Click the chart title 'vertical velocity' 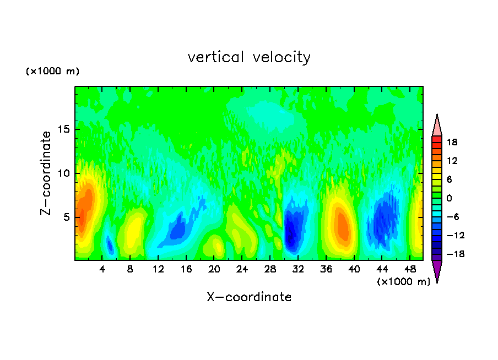249,57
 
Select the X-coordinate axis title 249,297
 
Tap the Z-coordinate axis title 46,173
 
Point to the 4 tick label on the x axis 102,270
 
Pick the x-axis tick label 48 409,270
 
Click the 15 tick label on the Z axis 63,130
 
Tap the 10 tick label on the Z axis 63,173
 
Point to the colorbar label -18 451,254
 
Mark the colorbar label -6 452,217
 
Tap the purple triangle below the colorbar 437,271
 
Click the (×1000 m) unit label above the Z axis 53,72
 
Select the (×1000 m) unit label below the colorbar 404,282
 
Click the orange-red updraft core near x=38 343,225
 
